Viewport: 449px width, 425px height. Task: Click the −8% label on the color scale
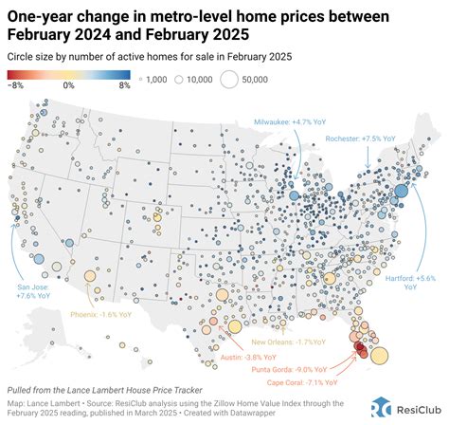(18, 85)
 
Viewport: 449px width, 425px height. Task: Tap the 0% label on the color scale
(69, 85)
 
